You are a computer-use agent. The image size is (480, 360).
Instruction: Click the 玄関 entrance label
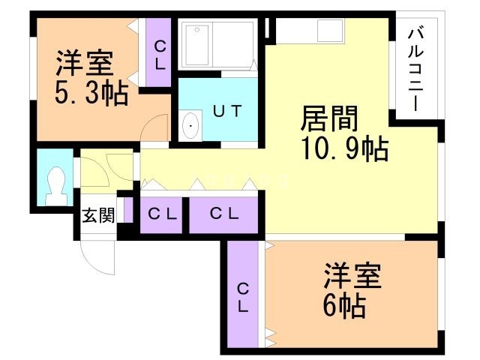[97, 217]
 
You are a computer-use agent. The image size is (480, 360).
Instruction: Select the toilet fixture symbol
[55, 183]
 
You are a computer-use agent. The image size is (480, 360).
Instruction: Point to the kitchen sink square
[330, 31]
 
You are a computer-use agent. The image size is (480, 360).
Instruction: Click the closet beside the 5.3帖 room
[160, 54]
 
